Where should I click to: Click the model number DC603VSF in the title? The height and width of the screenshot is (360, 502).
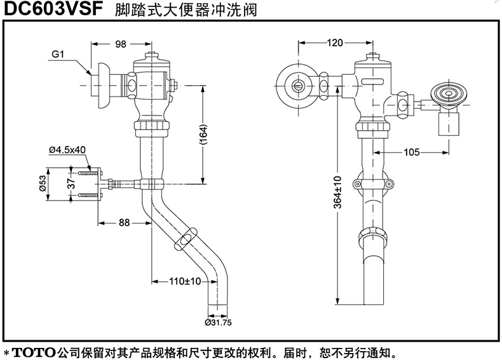53,11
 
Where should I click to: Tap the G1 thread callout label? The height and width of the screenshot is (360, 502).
58,55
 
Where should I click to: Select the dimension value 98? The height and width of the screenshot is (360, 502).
121,44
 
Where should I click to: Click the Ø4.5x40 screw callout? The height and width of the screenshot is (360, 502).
67,150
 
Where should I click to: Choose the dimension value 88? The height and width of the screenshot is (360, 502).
124,222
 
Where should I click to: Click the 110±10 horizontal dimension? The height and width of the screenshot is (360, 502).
185,281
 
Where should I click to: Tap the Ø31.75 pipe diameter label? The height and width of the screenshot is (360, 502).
218,322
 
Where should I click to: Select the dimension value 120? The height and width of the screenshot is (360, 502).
335,43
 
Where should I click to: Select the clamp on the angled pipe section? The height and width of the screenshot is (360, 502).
186,240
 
